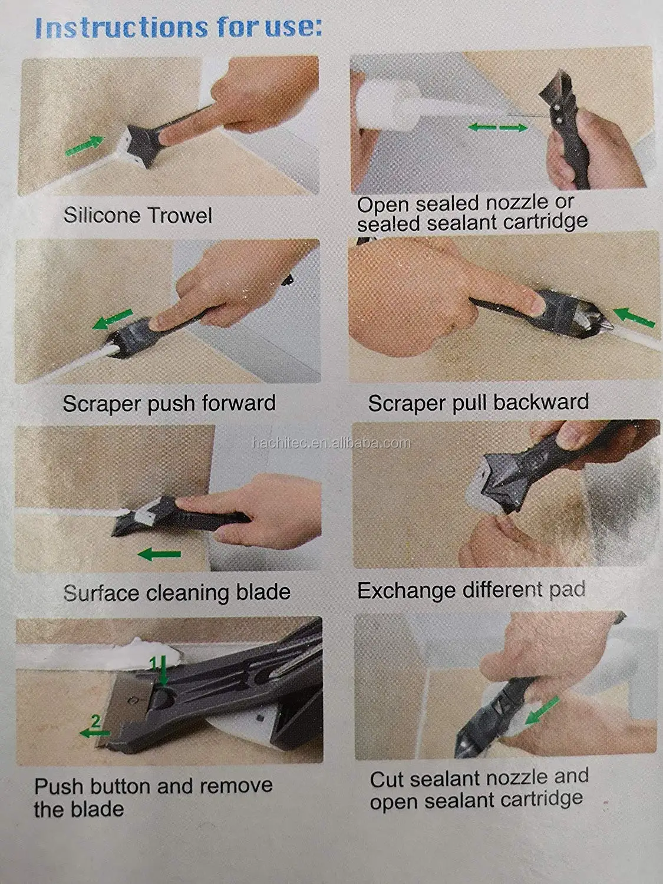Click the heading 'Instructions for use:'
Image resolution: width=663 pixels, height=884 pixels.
point(178,27)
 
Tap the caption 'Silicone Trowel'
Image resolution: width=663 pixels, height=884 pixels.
point(137,215)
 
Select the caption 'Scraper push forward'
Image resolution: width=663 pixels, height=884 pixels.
point(169,403)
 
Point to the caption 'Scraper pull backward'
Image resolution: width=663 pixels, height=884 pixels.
point(478,402)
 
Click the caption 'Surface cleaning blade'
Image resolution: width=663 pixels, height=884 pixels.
point(177,592)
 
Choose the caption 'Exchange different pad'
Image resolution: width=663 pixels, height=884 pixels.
point(471,590)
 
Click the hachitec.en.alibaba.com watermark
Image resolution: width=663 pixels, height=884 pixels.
point(331,443)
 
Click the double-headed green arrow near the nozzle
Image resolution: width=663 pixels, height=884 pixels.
point(498,127)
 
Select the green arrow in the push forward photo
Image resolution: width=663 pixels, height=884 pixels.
point(111,322)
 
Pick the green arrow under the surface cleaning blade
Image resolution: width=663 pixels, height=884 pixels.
point(159,554)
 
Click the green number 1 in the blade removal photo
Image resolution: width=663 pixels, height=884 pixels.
point(154,664)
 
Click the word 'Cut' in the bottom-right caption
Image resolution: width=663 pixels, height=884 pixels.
point(387,779)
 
